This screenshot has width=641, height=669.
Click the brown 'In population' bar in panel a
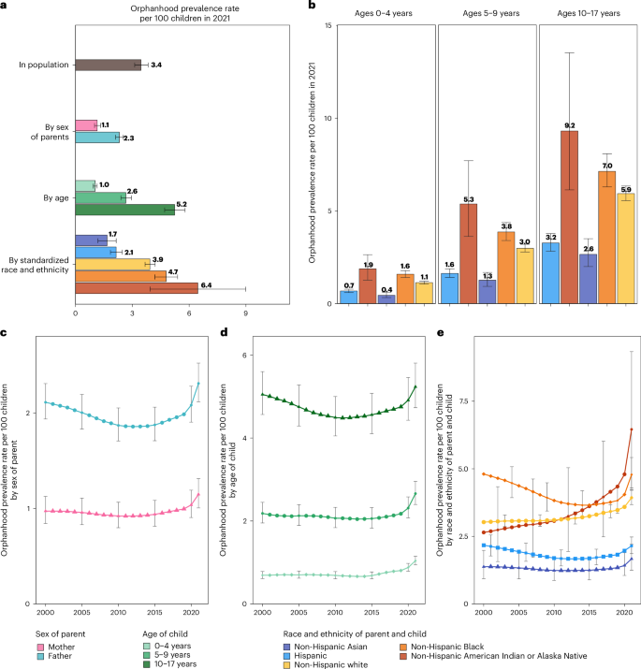108,65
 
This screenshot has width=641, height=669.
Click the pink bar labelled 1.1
86,124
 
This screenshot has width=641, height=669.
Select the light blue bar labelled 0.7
348,298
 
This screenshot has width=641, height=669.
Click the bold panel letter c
5,333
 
